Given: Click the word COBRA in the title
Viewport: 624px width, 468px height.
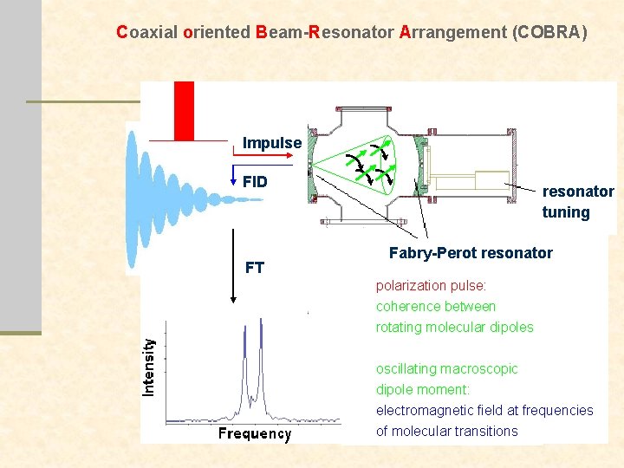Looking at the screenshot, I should tap(549, 33).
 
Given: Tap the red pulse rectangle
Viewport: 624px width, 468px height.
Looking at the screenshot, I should tap(184, 110).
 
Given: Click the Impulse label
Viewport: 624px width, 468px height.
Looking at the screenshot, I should tap(272, 143).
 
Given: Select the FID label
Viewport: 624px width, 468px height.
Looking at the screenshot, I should tap(255, 182).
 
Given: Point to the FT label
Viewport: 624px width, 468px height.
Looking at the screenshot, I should tap(255, 267).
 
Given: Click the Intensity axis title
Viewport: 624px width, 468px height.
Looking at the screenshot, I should tap(149, 367).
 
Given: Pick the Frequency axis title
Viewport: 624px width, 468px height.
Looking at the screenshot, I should tap(254, 433).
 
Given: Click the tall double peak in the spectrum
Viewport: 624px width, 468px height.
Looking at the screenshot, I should tap(253, 364).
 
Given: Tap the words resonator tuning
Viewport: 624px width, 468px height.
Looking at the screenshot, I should tap(578, 202).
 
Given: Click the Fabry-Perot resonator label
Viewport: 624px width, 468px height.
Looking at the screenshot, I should tap(471, 253).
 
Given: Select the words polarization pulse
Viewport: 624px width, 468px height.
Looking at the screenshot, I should tap(431, 285).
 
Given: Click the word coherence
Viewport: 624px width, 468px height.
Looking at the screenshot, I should tap(406, 306).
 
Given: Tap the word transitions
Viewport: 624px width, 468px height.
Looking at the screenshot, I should tap(489, 431).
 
